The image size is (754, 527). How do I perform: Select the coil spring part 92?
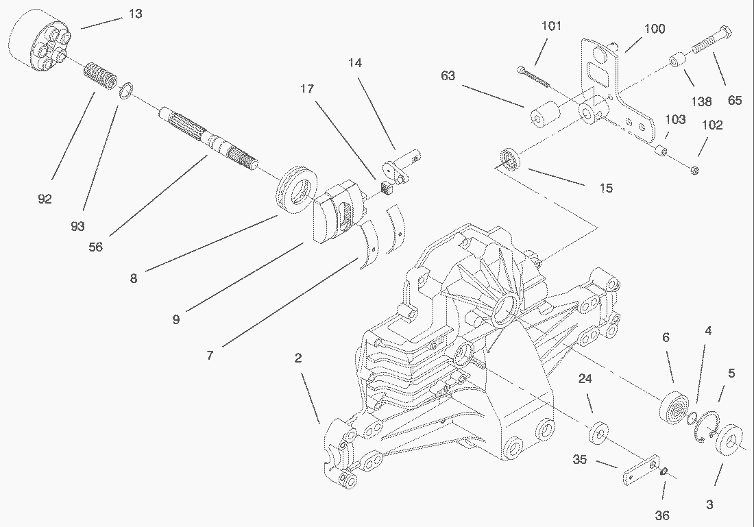coord(101,77)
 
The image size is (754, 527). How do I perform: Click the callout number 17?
coord(306,89)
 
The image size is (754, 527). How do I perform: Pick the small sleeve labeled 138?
coord(677,62)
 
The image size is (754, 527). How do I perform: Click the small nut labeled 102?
coord(694,169)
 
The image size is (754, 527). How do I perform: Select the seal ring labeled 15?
coord(510,158)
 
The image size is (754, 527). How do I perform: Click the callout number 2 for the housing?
coord(298,358)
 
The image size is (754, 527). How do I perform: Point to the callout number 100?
coord(655,29)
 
